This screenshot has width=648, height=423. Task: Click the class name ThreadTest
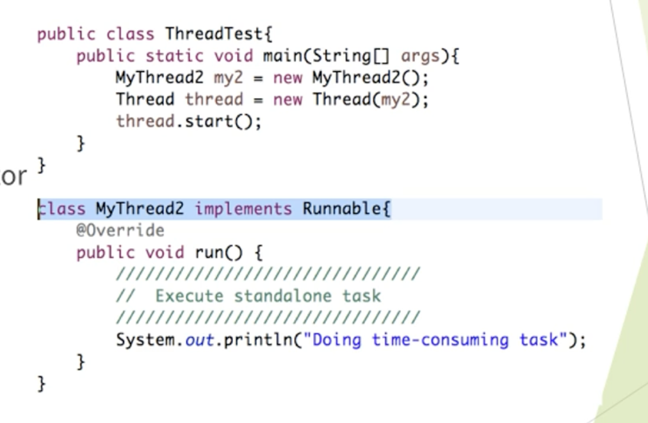(214, 33)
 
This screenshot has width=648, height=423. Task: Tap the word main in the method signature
(282, 56)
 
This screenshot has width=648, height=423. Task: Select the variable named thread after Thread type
(214, 100)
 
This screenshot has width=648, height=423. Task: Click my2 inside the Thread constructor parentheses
(398, 100)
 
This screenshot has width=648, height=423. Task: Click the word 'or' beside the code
(13, 176)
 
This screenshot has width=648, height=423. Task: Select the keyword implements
(243, 209)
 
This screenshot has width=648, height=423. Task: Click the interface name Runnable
(342, 209)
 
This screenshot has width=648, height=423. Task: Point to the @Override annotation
(120, 231)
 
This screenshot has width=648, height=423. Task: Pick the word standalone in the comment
(282, 296)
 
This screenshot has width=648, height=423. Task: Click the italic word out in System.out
(199, 340)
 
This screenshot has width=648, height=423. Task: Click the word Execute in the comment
(189, 296)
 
